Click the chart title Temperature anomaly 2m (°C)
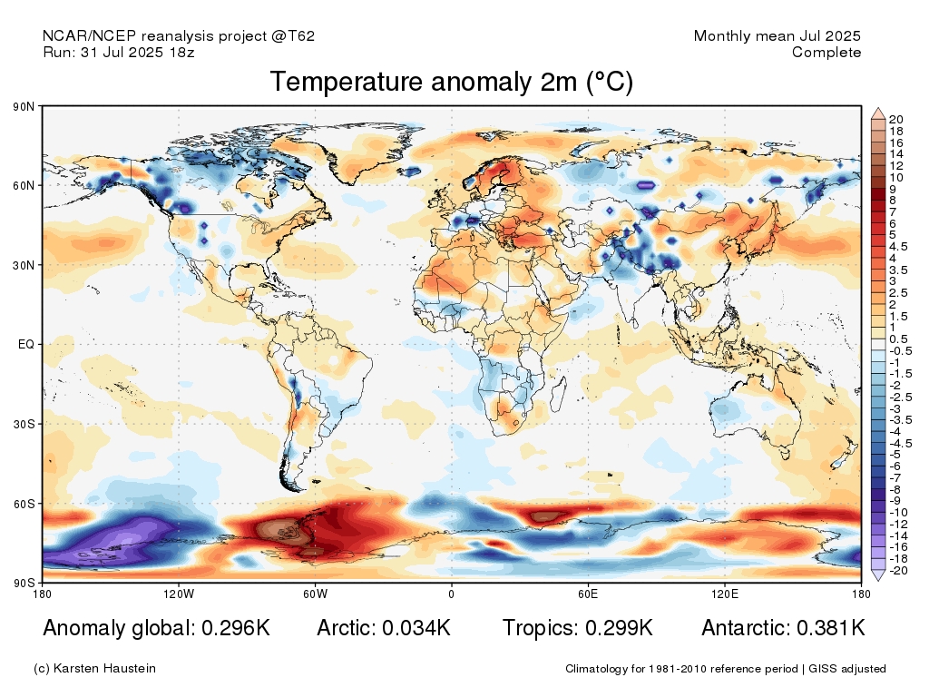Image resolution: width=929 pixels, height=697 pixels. [x=451, y=83]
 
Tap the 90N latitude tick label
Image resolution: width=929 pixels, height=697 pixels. [x=24, y=107]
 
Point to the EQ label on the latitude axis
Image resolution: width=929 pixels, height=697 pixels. [x=26, y=345]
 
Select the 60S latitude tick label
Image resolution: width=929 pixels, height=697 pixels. [x=24, y=503]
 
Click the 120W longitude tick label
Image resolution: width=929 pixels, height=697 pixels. [x=179, y=594]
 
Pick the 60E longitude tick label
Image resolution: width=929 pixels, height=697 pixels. [x=587, y=594]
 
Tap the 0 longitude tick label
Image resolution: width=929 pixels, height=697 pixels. [x=451, y=594]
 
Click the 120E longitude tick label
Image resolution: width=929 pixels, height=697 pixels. [x=723, y=594]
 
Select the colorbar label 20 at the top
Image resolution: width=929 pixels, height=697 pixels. [x=896, y=120]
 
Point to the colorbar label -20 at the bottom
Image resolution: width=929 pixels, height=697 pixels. [x=898, y=571]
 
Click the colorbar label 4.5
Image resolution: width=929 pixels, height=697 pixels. [x=898, y=246]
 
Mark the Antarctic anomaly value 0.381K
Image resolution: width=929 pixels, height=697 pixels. [x=830, y=628]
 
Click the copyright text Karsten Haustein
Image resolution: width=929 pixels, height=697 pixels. [x=103, y=669]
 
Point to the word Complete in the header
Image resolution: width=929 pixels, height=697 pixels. [x=826, y=53]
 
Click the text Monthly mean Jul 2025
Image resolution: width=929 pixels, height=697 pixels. [x=777, y=36]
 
